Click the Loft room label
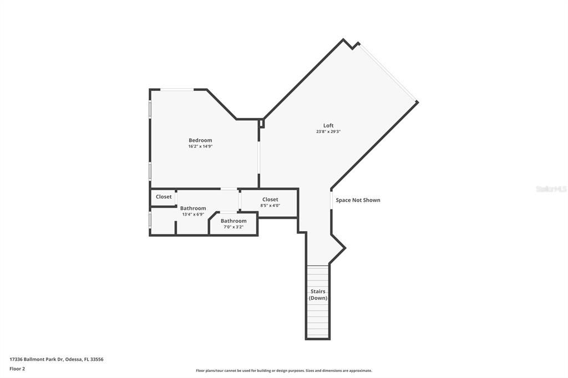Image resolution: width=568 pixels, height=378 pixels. pyautogui.click(x=328, y=125)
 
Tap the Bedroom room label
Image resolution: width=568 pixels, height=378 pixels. pyautogui.click(x=200, y=140)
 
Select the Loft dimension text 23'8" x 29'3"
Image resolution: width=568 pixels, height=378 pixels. pyautogui.click(x=328, y=132)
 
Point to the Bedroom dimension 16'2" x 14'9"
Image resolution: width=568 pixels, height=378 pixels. pyautogui.click(x=200, y=146)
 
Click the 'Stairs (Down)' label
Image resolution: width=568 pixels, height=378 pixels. pyautogui.click(x=318, y=295)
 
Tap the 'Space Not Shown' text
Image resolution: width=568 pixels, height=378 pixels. pyautogui.click(x=358, y=200)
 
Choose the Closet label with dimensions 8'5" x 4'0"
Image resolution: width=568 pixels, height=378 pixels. pyautogui.click(x=270, y=200)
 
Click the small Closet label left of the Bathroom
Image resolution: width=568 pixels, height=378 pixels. pyautogui.click(x=164, y=197)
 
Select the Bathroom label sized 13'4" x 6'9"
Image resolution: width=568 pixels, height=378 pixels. pyautogui.click(x=193, y=208)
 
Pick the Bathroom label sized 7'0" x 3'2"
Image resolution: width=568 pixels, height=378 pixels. pyautogui.click(x=234, y=221)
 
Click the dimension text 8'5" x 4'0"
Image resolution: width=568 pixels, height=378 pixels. pyautogui.click(x=270, y=206)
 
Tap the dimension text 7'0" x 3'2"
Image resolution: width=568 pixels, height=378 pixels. pyautogui.click(x=234, y=227)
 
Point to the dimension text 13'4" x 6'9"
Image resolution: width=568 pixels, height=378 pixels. pyautogui.click(x=193, y=214)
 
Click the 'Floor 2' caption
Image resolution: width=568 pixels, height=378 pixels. pyautogui.click(x=17, y=369)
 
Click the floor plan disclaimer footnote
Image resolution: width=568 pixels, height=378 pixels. pyautogui.click(x=283, y=371)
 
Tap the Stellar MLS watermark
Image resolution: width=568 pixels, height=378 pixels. pyautogui.click(x=551, y=189)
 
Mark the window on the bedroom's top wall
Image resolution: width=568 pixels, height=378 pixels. pyautogui.click(x=177, y=89)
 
